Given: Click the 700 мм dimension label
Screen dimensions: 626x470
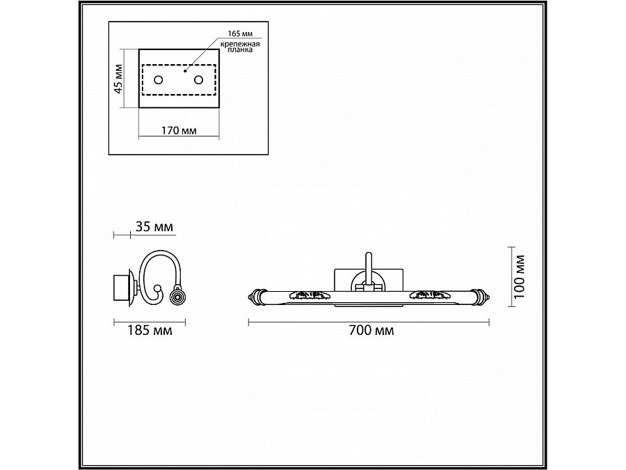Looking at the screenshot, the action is click(371, 331).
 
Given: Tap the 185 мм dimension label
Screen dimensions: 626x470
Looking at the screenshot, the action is click(150, 331).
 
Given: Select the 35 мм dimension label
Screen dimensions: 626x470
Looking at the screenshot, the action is click(154, 227).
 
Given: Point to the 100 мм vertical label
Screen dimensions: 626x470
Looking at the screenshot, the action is click(519, 277).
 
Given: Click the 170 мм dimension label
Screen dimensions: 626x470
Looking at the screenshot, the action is click(179, 131).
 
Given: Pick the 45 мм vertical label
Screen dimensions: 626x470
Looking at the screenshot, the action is click(118, 78).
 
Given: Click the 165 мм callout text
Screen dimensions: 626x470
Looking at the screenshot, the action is click(240, 34).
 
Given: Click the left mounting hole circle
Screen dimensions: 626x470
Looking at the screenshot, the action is click(159, 80).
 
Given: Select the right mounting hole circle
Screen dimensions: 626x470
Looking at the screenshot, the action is click(198, 80).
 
